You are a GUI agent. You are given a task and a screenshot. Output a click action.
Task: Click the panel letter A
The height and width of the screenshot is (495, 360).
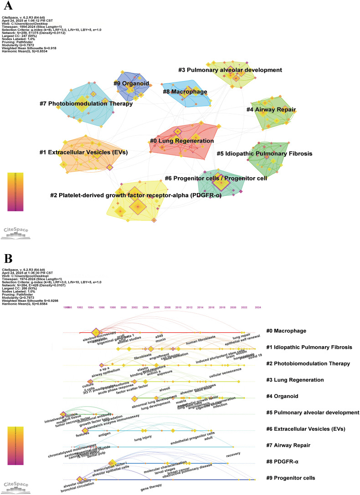click(8, 8)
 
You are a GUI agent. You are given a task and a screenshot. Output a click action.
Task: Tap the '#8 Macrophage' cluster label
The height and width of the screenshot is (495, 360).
click(185, 92)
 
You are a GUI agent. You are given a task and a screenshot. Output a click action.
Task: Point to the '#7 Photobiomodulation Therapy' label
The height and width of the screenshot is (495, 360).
click(86, 104)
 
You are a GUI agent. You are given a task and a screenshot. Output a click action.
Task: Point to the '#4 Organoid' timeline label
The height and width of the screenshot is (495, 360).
click(285, 396)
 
